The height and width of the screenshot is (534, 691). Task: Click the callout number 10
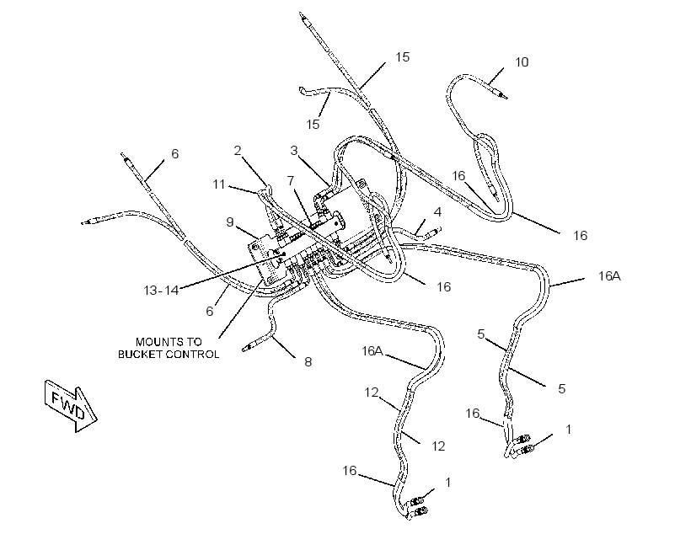522,62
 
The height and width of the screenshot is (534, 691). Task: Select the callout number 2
238,151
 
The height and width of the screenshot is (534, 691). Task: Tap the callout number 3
294,151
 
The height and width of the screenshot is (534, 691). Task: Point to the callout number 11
219,184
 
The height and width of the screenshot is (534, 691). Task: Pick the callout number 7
290,180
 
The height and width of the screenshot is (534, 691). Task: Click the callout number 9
229,222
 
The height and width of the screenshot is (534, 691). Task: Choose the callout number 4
437,212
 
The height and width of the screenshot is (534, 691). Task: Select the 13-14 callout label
161,290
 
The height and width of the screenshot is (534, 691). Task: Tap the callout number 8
308,361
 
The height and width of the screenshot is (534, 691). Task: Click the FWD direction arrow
71,405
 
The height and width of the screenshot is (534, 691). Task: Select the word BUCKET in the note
139,355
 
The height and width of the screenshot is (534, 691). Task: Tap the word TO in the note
194,342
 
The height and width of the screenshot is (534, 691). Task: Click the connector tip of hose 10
502,94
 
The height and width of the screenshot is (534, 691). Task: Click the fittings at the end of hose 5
523,444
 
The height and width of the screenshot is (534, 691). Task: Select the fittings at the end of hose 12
417,506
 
